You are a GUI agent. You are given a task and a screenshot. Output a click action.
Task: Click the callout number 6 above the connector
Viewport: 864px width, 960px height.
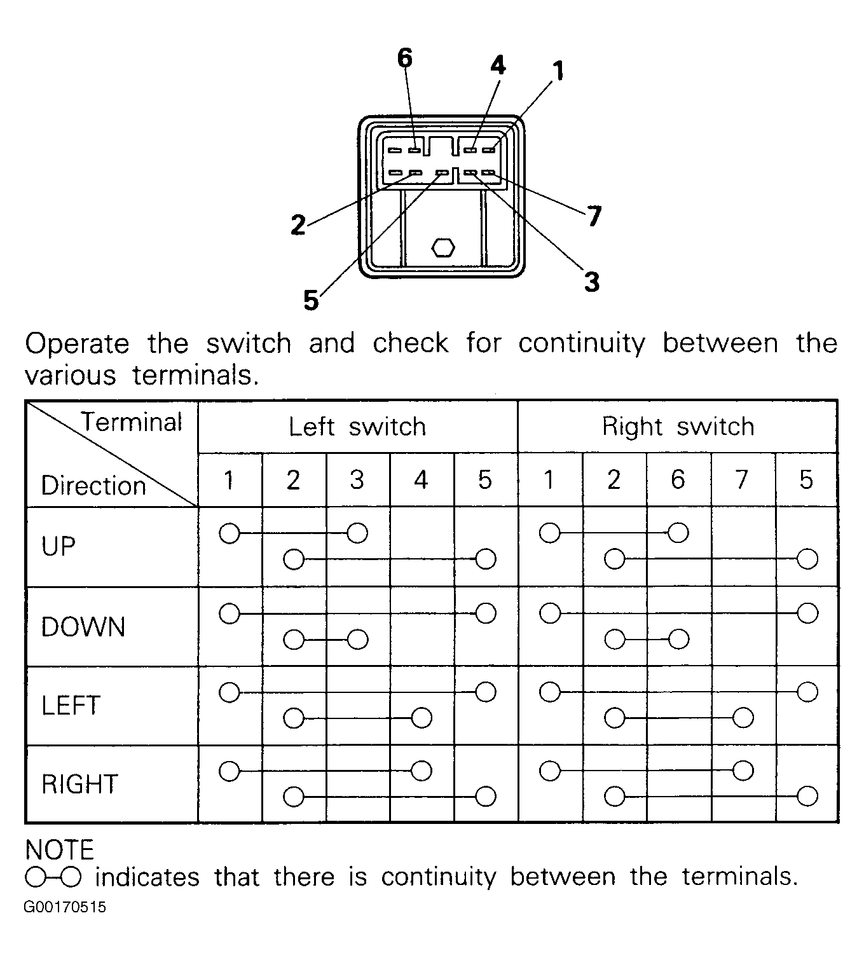(x=404, y=58)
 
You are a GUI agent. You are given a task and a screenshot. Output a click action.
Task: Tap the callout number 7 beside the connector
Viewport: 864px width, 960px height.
(x=594, y=217)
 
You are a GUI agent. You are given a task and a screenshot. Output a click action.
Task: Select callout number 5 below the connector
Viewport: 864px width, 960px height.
(x=310, y=300)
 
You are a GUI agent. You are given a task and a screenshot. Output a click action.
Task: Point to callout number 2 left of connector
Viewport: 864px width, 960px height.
(x=298, y=225)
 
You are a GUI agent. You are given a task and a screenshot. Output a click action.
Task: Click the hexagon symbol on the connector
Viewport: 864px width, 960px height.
(x=442, y=247)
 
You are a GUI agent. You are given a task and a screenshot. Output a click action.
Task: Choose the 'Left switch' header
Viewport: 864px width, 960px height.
(x=357, y=427)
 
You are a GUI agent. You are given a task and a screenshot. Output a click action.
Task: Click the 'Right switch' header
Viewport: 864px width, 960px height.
(x=678, y=427)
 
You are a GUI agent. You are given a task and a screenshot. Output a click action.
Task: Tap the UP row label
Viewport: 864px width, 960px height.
(x=58, y=546)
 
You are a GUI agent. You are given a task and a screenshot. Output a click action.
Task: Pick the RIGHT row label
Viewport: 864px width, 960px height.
(x=80, y=784)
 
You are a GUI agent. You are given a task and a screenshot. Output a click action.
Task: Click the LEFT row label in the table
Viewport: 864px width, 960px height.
(x=71, y=706)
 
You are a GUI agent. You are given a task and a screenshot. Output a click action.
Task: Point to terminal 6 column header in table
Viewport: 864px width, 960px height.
(x=678, y=480)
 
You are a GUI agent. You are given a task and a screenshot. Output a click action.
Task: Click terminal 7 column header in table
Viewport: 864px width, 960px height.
(x=742, y=480)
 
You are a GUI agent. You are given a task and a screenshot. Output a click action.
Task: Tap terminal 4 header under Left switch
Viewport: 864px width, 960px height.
(x=421, y=480)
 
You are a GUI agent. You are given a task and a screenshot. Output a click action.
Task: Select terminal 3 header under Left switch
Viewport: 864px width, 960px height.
(x=357, y=480)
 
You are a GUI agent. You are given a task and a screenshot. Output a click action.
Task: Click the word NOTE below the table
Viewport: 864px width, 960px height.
(x=60, y=850)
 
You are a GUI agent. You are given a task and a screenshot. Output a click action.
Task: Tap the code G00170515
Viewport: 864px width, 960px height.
(x=65, y=907)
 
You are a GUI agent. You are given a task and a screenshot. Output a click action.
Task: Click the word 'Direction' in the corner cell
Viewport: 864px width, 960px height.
(x=93, y=486)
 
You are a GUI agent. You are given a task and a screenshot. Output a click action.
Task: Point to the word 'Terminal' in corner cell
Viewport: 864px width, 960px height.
(x=131, y=422)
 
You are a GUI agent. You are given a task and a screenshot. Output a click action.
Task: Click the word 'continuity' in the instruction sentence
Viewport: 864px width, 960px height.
(x=581, y=343)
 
